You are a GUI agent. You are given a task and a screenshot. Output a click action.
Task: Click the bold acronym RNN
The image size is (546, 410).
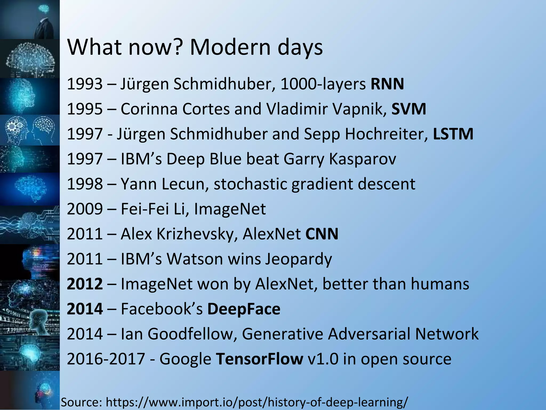tap(387, 84)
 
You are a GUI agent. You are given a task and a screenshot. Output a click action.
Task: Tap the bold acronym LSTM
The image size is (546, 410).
tap(453, 134)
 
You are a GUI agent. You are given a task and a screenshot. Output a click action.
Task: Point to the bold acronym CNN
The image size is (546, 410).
tap(322, 234)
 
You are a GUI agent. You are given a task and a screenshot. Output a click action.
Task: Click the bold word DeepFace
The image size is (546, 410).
tap(244, 309)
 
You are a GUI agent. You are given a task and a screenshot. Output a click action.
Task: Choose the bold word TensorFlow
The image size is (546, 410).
tap(259, 359)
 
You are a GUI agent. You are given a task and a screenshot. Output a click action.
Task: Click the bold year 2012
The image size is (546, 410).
tap(85, 284)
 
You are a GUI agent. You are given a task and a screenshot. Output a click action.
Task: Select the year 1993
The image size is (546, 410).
tap(85, 84)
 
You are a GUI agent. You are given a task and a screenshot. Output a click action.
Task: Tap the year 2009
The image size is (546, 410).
tap(85, 209)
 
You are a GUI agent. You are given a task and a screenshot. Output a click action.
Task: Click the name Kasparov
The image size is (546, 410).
tap(363, 159)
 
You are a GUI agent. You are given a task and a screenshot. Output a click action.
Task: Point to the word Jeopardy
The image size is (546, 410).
tap(299, 259)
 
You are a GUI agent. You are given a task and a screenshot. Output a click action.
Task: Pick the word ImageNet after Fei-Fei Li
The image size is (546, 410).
tap(230, 209)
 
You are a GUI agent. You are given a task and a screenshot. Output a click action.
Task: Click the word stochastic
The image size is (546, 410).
tap(250, 184)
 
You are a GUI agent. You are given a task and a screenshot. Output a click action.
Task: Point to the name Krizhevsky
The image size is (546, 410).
tap(197, 234)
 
